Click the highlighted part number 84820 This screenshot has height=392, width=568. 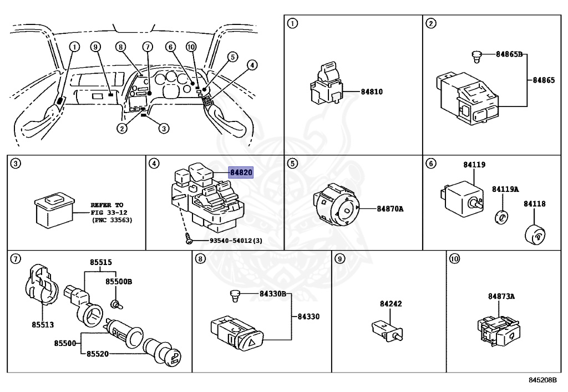(241, 172)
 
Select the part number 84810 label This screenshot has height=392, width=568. (372, 92)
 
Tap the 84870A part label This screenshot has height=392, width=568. (390, 209)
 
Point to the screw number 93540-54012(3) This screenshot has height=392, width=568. (236, 240)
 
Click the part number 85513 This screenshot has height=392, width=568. (43, 325)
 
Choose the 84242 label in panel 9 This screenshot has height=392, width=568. (391, 304)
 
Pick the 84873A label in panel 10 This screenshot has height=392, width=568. (501, 296)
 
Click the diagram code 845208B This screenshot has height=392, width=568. (542, 380)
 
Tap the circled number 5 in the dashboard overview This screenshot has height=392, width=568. (233, 57)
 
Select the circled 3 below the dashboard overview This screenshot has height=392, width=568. (164, 128)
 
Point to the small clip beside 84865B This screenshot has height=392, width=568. (476, 57)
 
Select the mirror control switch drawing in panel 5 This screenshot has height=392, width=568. (336, 205)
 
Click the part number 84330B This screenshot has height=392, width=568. (273, 293)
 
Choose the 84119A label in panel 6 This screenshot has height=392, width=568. (505, 189)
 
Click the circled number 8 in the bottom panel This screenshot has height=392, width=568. (200, 258)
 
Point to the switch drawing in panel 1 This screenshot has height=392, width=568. (326, 83)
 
